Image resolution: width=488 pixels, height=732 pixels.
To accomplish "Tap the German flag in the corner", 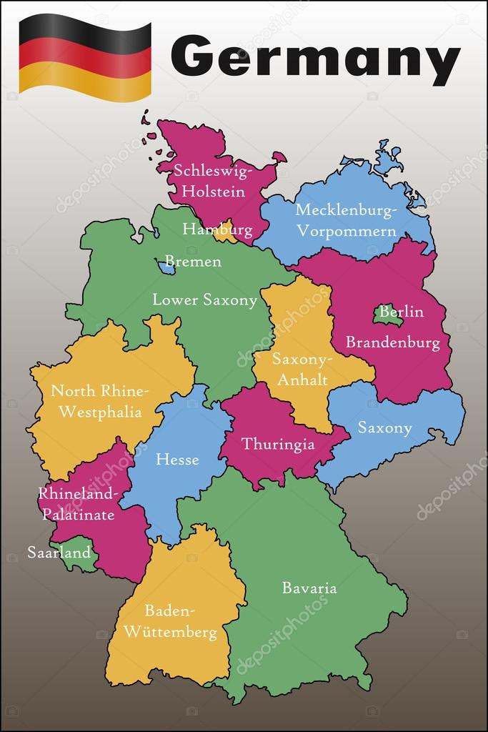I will pyautogui.click(x=85, y=57).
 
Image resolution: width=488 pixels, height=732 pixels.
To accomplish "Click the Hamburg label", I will pyautogui.click(x=217, y=229).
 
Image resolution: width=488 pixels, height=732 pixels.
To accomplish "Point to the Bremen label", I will pyautogui.click(x=193, y=262).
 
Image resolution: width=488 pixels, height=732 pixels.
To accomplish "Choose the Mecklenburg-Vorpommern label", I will pyautogui.click(x=346, y=221).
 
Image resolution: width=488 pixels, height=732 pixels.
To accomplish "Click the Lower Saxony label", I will pyautogui.click(x=204, y=300).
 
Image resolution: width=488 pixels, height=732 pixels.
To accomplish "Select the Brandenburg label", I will pyautogui.click(x=392, y=342).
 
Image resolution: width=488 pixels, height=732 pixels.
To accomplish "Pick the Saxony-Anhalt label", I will pyautogui.click(x=300, y=370).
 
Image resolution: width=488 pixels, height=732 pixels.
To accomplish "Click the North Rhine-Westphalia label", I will pyautogui.click(x=100, y=402).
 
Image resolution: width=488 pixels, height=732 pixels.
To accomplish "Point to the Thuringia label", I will pyautogui.click(x=278, y=444).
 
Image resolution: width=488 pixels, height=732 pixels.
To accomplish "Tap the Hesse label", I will pyautogui.click(x=177, y=459).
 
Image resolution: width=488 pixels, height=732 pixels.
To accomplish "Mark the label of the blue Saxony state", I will pyautogui.click(x=384, y=428).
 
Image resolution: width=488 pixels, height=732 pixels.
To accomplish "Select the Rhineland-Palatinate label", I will pyautogui.click(x=76, y=504).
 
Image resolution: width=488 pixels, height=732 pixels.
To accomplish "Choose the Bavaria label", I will pyautogui.click(x=309, y=588).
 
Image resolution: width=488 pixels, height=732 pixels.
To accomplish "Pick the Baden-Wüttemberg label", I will pyautogui.click(x=171, y=622).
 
